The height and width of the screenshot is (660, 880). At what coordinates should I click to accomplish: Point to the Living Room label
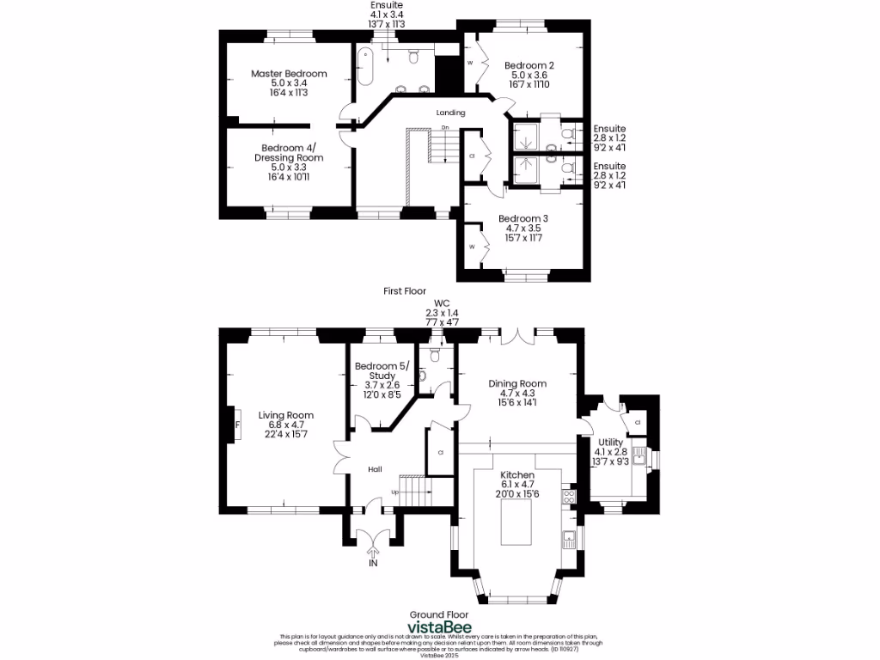coord(286,415)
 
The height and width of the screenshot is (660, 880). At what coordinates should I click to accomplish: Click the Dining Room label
coord(517,383)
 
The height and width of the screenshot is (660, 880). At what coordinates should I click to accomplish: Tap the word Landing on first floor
coord(450,113)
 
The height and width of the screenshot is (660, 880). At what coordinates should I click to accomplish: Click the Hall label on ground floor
coord(376,469)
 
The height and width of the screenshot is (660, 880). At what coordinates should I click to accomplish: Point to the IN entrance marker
coord(373,564)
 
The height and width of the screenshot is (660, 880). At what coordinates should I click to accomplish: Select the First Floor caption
coord(405,291)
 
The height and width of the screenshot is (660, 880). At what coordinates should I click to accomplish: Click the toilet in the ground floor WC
coord(435,354)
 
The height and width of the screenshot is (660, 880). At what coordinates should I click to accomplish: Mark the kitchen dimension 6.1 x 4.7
coord(517,486)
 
